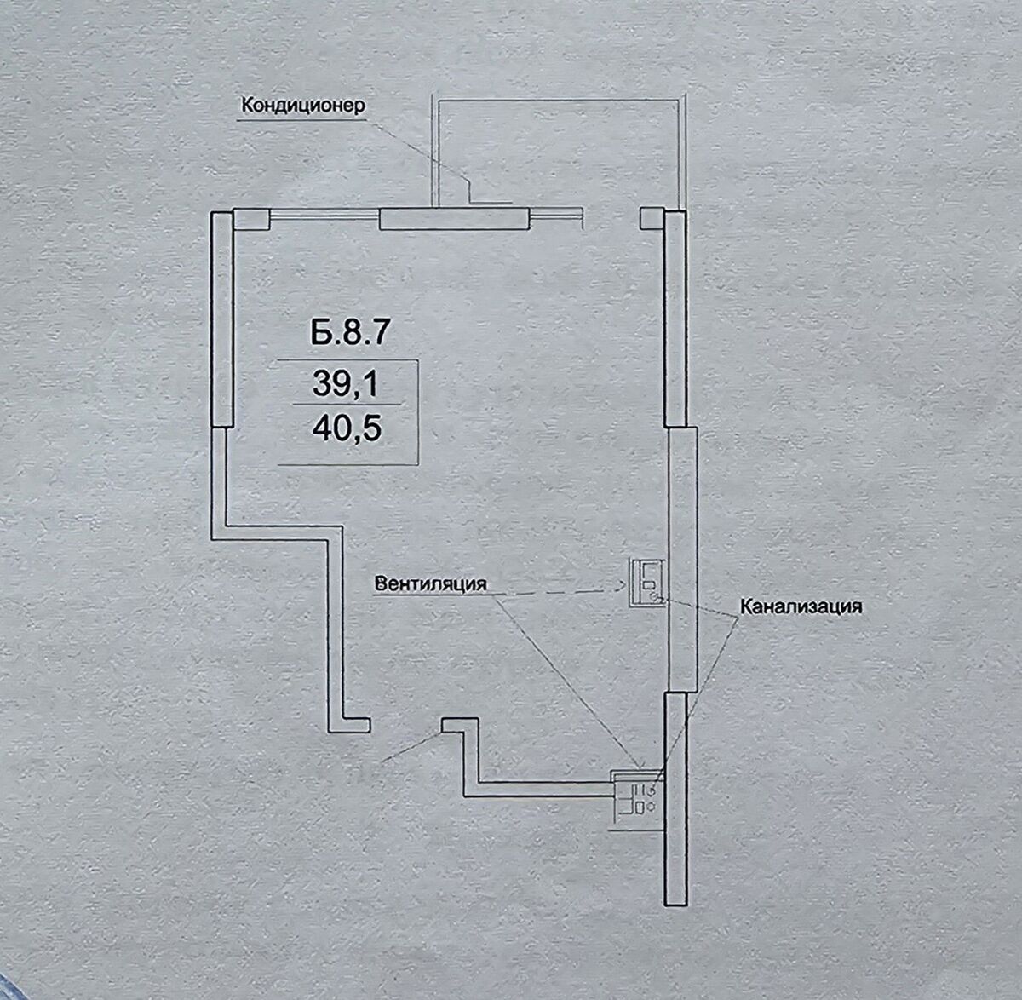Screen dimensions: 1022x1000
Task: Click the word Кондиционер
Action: tap(303, 106)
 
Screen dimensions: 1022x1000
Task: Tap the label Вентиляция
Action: tap(430, 583)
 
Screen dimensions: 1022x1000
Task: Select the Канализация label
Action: tap(801, 606)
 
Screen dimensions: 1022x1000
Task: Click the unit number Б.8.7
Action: tap(349, 333)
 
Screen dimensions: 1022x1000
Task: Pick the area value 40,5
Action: tap(347, 429)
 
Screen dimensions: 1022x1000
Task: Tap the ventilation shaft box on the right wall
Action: tap(648, 583)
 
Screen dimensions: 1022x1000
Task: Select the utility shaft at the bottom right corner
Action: tap(636, 801)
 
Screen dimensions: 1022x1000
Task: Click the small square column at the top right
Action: tap(652, 219)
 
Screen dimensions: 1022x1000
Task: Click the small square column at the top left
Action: tap(251, 219)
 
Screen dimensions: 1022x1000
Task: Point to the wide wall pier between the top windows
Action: tap(454, 219)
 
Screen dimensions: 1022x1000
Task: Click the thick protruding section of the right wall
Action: tap(682, 560)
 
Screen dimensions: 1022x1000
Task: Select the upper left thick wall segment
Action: tap(222, 319)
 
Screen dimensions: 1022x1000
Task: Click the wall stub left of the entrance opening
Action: tap(349, 726)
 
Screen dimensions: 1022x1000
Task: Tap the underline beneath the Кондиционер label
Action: tap(301, 120)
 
